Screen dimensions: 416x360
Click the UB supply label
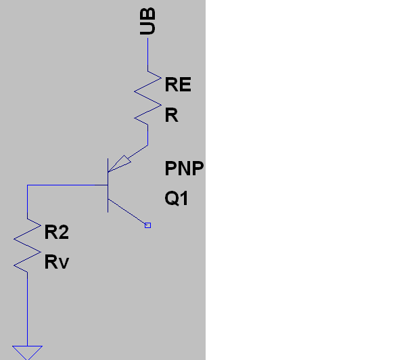point(147,21)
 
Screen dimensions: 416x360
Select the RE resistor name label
point(178,85)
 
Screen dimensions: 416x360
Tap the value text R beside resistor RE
point(171,115)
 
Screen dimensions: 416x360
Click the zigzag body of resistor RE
point(147,98)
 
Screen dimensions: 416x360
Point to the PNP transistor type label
point(184,168)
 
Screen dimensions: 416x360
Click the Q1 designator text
point(177,198)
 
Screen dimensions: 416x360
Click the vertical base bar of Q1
point(108,185)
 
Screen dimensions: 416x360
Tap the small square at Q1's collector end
point(147,225)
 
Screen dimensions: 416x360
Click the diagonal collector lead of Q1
point(126,211)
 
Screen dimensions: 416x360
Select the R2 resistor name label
point(57,232)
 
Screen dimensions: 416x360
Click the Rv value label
point(57,262)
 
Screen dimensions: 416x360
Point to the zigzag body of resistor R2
point(27,246)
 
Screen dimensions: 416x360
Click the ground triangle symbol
point(27,353)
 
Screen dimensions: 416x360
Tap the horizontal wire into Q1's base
point(68,185)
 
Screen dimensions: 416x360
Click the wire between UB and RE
point(147,54)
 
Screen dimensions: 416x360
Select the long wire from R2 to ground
point(27,309)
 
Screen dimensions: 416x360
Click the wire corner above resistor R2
point(27,185)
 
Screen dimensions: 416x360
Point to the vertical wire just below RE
point(147,135)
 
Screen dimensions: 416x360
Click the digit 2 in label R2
point(63,232)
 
